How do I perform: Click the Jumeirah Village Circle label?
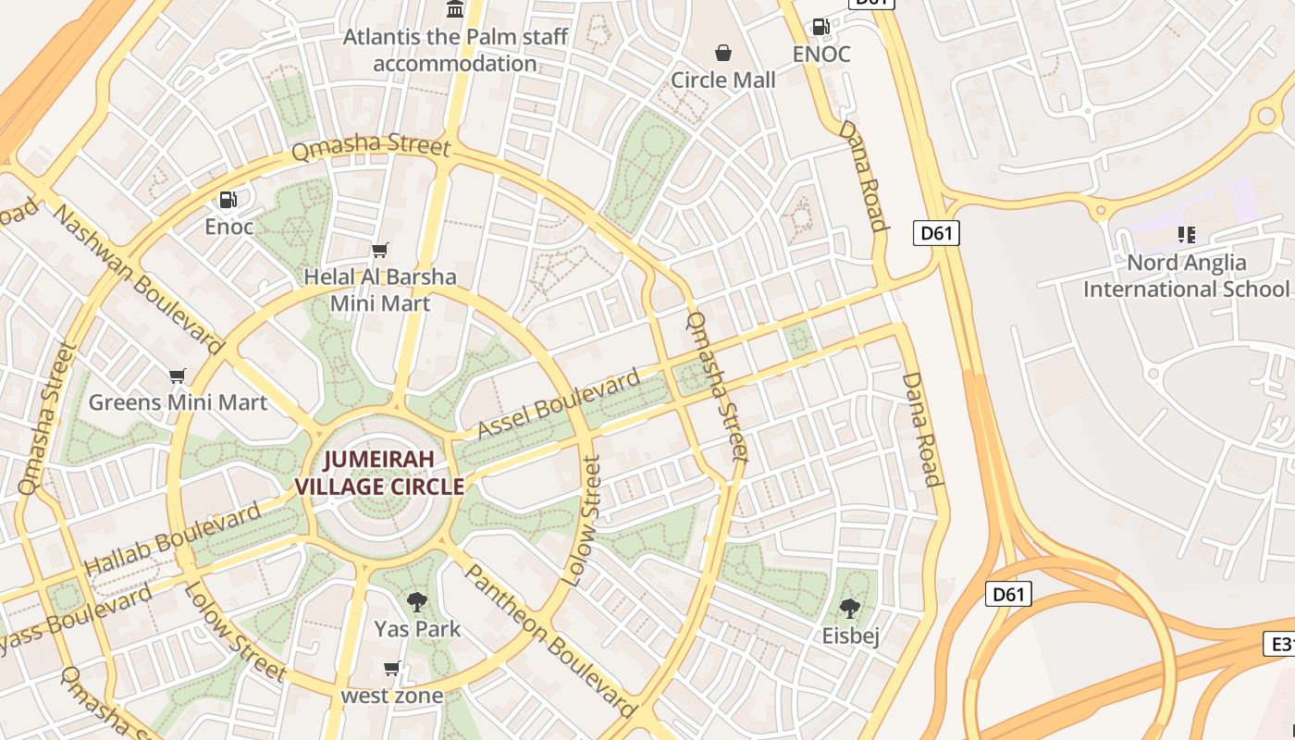[379, 473]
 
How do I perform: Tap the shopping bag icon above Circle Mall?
[723, 54]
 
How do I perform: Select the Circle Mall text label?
[723, 80]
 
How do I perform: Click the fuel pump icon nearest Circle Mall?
[820, 28]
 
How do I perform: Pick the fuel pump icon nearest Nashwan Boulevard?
[228, 199]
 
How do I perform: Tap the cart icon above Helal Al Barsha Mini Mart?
[379, 250]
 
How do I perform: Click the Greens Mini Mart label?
[178, 402]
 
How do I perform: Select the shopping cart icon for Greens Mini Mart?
[178, 376]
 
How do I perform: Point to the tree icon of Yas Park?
[417, 602]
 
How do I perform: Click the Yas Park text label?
[417, 629]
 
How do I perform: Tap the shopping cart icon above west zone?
[392, 668]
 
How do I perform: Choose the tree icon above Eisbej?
[850, 609]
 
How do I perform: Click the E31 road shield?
[1280, 644]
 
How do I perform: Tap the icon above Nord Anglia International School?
[1186, 235]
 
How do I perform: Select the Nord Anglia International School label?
[1186, 276]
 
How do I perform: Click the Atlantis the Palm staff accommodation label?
[455, 51]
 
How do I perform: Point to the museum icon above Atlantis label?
[455, 10]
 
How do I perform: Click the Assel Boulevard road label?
[559, 404]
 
